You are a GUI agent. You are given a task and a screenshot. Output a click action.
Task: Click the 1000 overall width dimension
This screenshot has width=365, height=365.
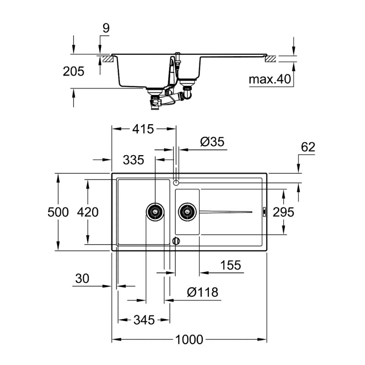click(x=189, y=340)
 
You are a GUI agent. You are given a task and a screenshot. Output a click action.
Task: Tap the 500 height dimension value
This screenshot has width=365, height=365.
click(x=58, y=212)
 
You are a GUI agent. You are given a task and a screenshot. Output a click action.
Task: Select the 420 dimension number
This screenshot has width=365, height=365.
click(x=88, y=212)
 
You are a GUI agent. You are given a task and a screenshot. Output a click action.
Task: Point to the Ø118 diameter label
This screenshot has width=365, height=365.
click(x=202, y=292)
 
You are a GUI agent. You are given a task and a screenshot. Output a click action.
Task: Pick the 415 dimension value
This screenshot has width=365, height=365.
click(x=143, y=129)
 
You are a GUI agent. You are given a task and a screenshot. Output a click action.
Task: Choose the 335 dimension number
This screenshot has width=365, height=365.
click(x=133, y=160)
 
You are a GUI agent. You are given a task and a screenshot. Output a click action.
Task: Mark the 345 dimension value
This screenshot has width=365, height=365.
click(x=144, y=320)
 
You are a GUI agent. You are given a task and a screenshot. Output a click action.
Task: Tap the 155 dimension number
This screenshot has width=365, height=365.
click(x=230, y=266)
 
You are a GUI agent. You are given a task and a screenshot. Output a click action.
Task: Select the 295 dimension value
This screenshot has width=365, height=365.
click(x=283, y=212)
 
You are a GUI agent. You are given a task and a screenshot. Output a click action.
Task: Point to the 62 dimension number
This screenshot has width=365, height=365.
click(x=308, y=147)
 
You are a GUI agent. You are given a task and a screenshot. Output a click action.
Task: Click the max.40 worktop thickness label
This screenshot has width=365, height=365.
click(x=270, y=80)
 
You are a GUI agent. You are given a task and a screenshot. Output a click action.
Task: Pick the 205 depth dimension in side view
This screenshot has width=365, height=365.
click(x=74, y=72)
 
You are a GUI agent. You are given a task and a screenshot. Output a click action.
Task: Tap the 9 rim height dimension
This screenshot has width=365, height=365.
click(x=106, y=28)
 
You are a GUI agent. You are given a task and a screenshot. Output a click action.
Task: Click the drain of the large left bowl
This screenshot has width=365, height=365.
click(x=155, y=211)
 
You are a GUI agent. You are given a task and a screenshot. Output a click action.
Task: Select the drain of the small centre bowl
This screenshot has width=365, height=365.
click(x=187, y=211)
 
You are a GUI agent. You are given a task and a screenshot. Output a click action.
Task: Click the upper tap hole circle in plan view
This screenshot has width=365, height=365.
click(x=176, y=182)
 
